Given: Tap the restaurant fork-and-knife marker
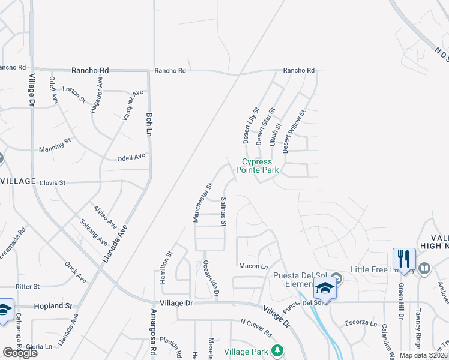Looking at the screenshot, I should point(403,260).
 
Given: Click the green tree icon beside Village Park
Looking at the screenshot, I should point(277,350).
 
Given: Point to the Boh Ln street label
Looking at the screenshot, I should point(149,124).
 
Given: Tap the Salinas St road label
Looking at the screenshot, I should point(223,211).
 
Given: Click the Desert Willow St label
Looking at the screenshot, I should point(294,131).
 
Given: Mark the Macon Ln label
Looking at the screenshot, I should point(253,266).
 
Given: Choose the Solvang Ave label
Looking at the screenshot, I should point(93,233).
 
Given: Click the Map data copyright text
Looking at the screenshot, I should point(423,355).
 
